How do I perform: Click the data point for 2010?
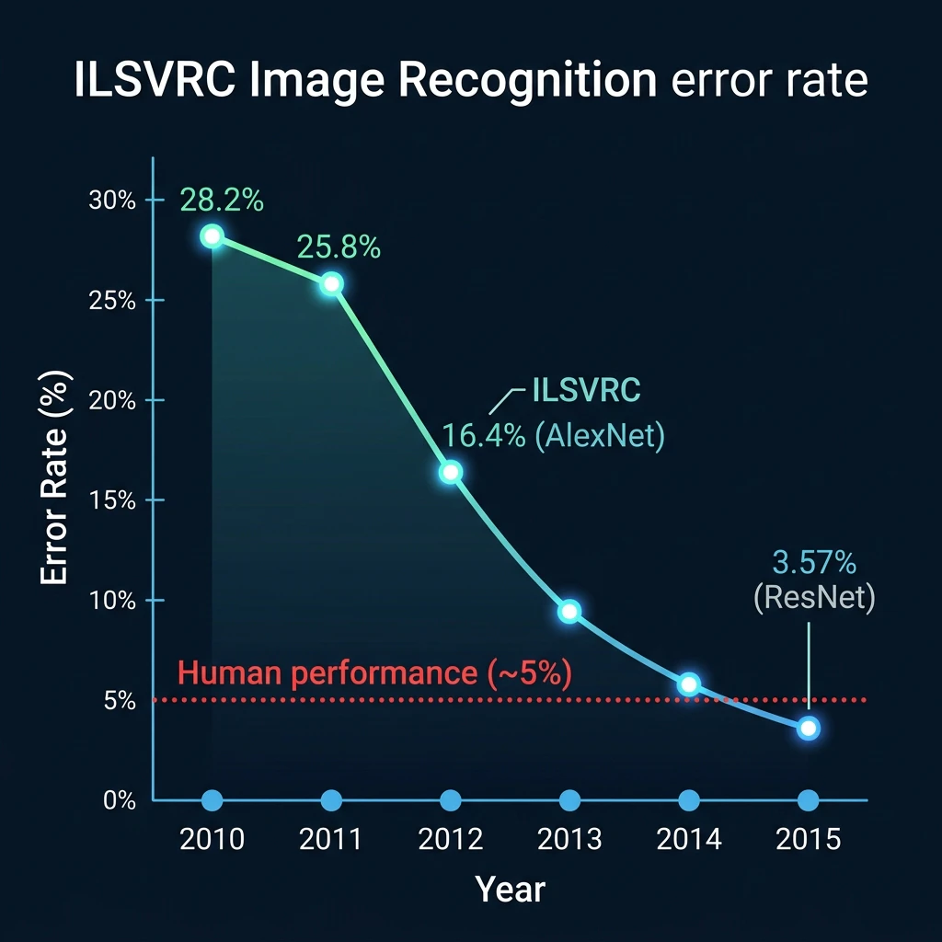[213, 236]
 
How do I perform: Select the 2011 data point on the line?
[331, 283]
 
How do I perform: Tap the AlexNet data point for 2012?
[451, 472]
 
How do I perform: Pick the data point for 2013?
[569, 612]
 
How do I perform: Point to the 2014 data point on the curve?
[689, 684]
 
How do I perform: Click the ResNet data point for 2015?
[809, 729]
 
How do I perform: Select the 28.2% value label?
[222, 200]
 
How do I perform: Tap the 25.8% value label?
[339, 247]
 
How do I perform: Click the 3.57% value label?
[814, 563]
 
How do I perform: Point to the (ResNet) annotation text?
[814, 598]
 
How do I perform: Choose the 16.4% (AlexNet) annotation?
[553, 435]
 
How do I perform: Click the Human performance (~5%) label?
[375, 672]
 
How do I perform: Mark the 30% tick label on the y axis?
[112, 201]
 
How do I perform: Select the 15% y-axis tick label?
[112, 500]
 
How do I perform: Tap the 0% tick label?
[120, 801]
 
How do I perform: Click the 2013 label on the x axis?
[569, 839]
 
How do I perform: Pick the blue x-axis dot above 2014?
[689, 800]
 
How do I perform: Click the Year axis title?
[510, 890]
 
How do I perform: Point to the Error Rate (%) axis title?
[55, 477]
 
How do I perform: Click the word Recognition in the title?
[527, 81]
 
